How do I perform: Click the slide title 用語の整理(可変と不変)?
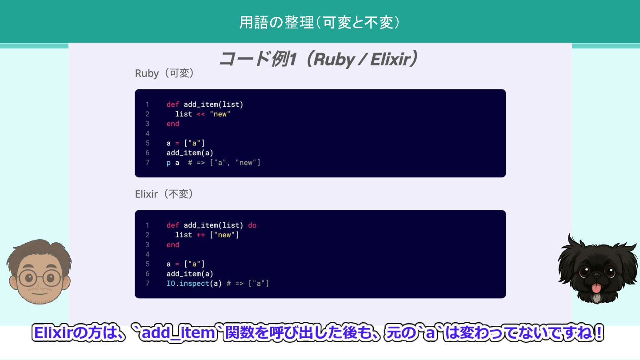(x=320, y=22)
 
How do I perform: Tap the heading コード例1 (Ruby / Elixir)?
(x=319, y=59)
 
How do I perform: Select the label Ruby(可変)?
(x=164, y=73)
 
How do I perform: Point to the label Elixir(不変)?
(x=164, y=194)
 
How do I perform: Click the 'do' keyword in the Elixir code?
(x=252, y=225)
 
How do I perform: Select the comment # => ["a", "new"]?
(x=224, y=163)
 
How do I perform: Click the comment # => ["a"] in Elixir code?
(x=248, y=284)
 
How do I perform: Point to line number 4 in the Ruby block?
(x=148, y=134)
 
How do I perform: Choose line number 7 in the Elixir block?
(x=148, y=284)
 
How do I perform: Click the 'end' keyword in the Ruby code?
(x=173, y=124)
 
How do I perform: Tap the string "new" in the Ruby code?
(x=220, y=114)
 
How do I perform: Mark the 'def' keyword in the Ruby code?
(x=173, y=105)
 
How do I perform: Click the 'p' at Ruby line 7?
(x=168, y=163)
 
